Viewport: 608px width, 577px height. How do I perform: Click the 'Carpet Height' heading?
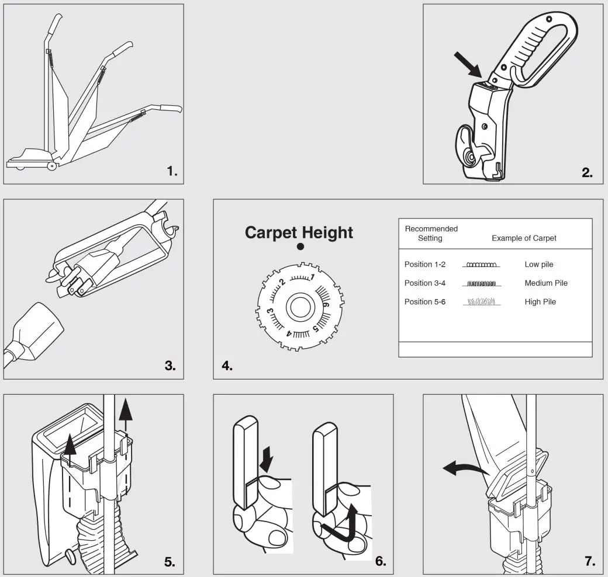coord(299,232)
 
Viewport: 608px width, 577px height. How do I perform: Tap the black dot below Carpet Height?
coord(300,247)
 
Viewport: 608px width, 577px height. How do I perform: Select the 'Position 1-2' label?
coord(424,265)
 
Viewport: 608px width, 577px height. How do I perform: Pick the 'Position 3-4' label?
coord(424,283)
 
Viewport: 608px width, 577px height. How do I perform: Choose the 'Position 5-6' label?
coord(424,302)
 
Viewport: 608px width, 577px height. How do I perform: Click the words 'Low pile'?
coord(538,265)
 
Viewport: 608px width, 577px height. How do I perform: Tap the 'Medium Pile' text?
coord(545,283)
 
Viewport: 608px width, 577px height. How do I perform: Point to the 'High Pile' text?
coord(540,302)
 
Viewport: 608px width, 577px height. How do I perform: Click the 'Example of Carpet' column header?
coord(524,238)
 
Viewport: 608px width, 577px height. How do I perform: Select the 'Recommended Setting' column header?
coord(431,234)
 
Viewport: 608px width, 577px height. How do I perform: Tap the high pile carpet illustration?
coord(481,303)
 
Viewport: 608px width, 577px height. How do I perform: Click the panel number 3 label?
coord(170,366)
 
